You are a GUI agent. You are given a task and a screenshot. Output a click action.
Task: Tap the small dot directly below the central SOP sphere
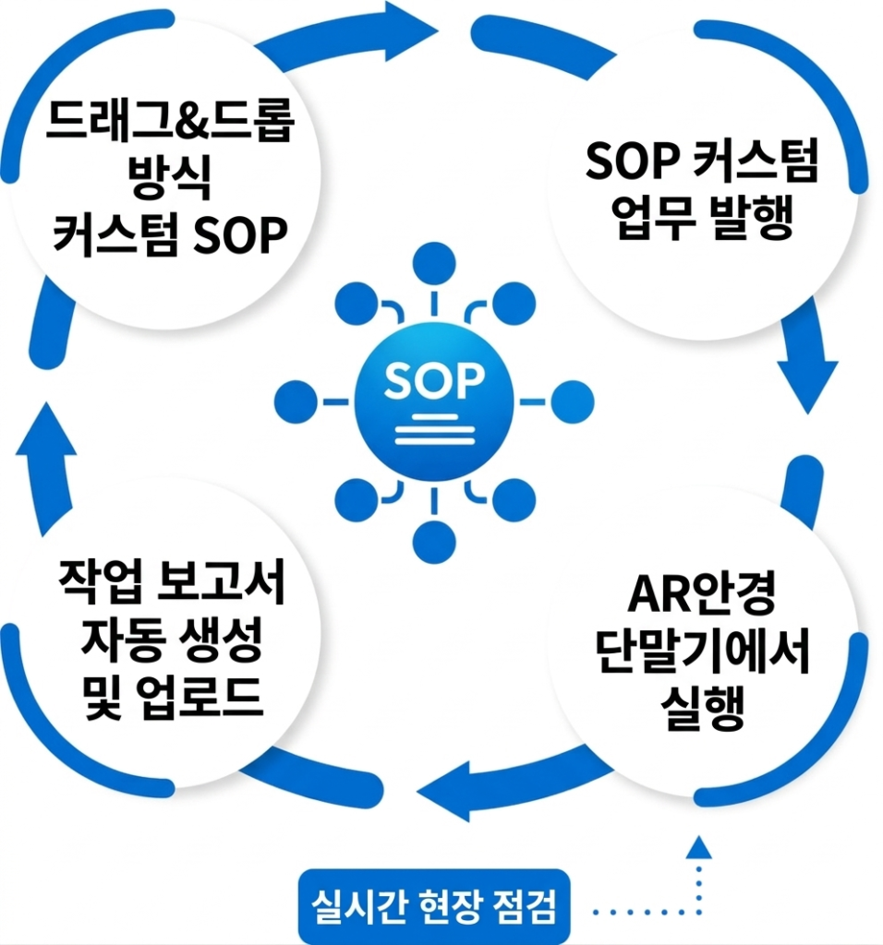[x=434, y=541]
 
